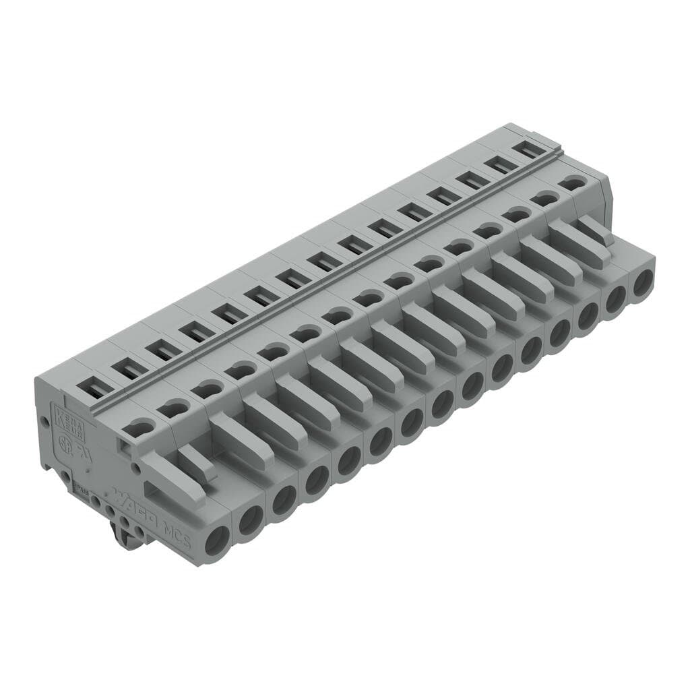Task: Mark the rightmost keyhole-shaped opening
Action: pos(573,182)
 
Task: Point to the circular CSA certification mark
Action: pos(66,444)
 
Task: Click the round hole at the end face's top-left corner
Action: pos(44,422)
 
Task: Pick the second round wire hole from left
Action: pos(250,520)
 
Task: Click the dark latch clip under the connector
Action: pos(124,532)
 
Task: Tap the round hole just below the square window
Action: pos(137,467)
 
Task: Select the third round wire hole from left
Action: pos(284,499)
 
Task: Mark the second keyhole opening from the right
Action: pos(544,198)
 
